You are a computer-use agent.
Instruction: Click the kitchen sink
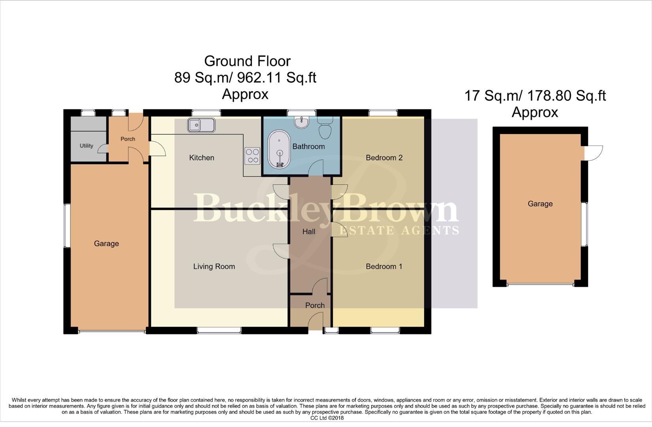[201, 125]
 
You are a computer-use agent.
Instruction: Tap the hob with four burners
[252, 155]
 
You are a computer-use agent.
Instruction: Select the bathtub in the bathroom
[279, 149]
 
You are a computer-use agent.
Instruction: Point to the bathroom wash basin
[302, 122]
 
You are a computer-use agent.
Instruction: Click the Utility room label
[86, 146]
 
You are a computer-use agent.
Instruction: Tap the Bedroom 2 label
[384, 158]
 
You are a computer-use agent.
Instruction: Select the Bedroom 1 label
[384, 266]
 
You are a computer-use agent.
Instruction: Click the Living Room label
[214, 266]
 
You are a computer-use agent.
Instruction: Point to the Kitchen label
[202, 158]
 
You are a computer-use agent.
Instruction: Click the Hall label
[309, 232]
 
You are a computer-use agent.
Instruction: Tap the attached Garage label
[106, 244]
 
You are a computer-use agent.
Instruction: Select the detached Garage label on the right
[540, 204]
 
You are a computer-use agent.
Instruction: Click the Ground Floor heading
[247, 61]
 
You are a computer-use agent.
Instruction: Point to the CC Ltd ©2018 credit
[327, 418]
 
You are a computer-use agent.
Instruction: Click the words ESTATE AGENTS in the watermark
[399, 230]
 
